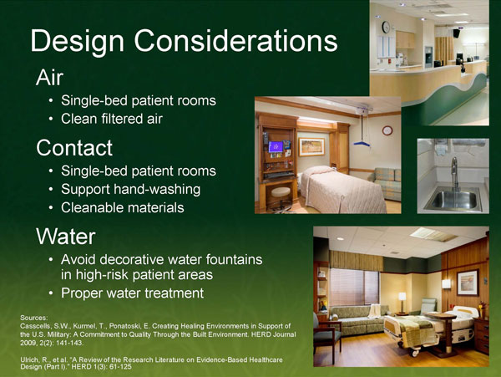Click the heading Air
49,78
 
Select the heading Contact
74,148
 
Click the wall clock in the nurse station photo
386,27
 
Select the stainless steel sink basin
451,201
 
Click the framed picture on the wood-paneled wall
467,282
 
